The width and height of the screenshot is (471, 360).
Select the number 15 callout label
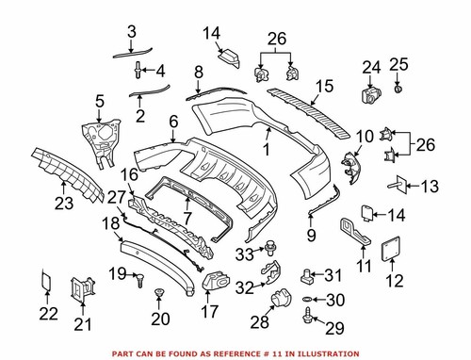tap(324, 86)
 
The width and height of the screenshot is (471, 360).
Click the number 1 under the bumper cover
tap(267, 148)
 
